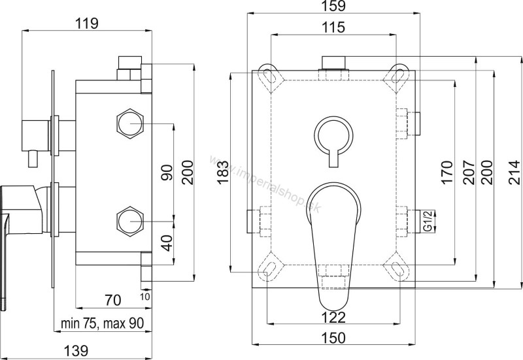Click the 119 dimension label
pos(87,24)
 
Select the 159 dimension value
pos(334,7)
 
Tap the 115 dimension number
pos(334,27)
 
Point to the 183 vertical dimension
pos(224,172)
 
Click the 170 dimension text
pos(447,172)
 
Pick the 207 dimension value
pos(469,172)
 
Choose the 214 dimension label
pos(514,172)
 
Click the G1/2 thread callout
pos(428,220)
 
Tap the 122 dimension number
pos(334,317)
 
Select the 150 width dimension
pos(334,338)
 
